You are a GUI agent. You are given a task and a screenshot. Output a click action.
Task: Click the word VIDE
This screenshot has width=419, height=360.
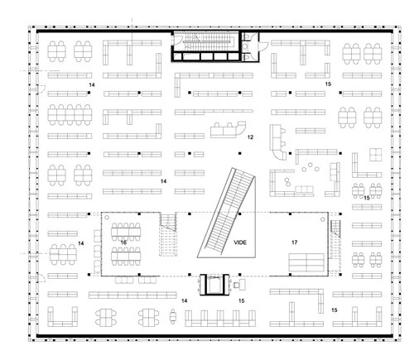(240, 242)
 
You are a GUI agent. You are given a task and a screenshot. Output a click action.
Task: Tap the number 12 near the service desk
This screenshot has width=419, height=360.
(250, 137)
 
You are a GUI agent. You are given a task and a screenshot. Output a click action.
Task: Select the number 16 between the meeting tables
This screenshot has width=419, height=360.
(123, 242)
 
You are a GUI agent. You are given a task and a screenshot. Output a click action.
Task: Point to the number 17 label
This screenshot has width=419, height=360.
(295, 242)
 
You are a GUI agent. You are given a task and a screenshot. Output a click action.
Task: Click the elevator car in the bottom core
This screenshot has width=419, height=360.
(214, 285)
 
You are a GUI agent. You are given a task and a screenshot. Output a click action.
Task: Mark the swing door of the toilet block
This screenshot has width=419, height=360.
(262, 46)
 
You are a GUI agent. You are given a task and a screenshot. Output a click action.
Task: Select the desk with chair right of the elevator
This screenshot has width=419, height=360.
(239, 284)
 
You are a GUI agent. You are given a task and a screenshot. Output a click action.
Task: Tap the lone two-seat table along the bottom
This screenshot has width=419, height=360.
(173, 316)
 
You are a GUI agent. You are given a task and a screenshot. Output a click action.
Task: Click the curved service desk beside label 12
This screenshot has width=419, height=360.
(228, 129)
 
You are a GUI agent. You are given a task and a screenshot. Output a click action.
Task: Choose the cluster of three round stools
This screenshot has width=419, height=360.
(311, 167)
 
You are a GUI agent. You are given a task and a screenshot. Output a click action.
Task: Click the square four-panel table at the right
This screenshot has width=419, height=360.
(376, 155)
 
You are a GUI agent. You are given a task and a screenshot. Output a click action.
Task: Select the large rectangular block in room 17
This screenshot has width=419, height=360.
(306, 262)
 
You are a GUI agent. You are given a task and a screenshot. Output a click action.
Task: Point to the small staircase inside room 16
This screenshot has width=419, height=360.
(168, 234)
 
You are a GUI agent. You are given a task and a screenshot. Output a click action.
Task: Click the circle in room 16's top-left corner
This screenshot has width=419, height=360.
(107, 218)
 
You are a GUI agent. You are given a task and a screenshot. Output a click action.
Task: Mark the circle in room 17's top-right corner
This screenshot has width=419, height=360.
(323, 219)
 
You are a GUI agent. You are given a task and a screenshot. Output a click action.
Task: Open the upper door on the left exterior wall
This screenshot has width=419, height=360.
(41, 89)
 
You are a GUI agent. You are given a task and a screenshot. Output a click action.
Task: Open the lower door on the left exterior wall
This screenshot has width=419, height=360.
(41, 278)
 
